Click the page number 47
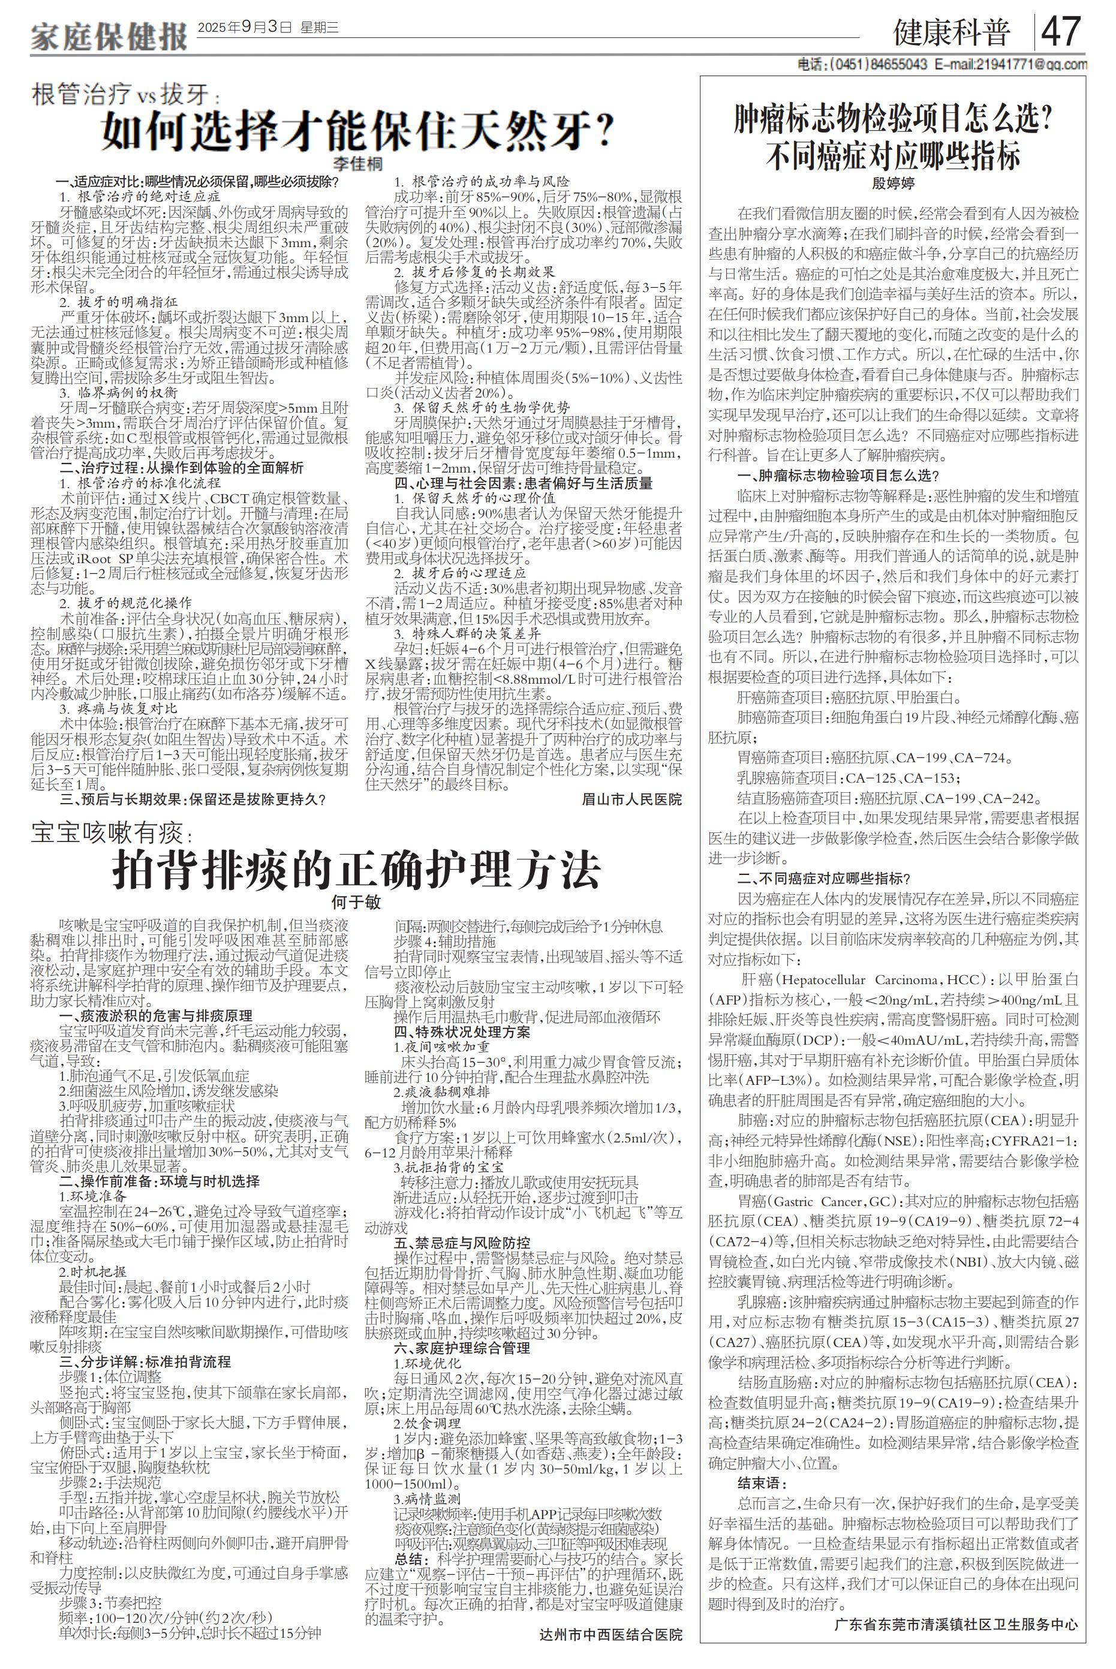(1061, 31)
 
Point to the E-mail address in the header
(1010, 65)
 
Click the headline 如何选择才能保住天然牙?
(358, 130)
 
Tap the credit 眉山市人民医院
(631, 799)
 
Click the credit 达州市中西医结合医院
(610, 1654)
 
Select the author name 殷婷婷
(894, 182)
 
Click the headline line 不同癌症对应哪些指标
(894, 156)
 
